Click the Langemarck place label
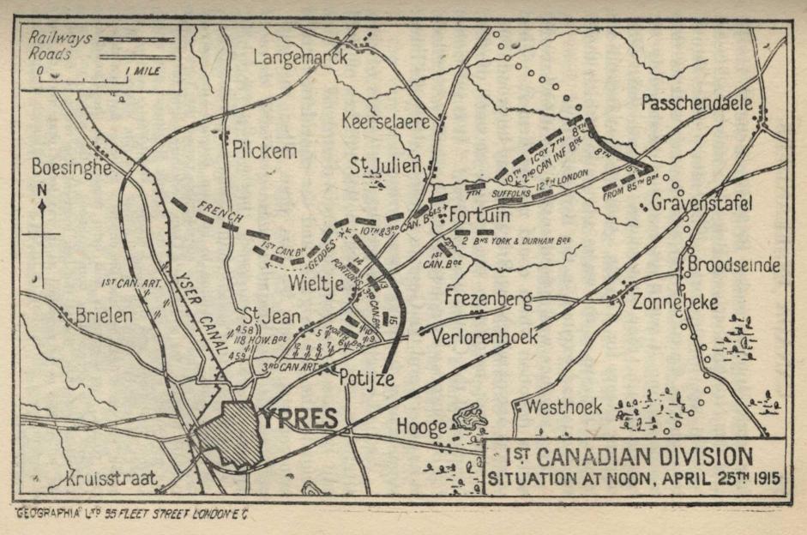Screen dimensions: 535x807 [x=301, y=57]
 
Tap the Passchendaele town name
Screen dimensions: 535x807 [x=696, y=103]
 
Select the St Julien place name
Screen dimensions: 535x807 [x=385, y=164]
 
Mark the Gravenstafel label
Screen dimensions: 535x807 [x=701, y=203]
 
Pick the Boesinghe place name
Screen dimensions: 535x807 [x=72, y=167]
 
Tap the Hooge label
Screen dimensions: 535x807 [x=421, y=426]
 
